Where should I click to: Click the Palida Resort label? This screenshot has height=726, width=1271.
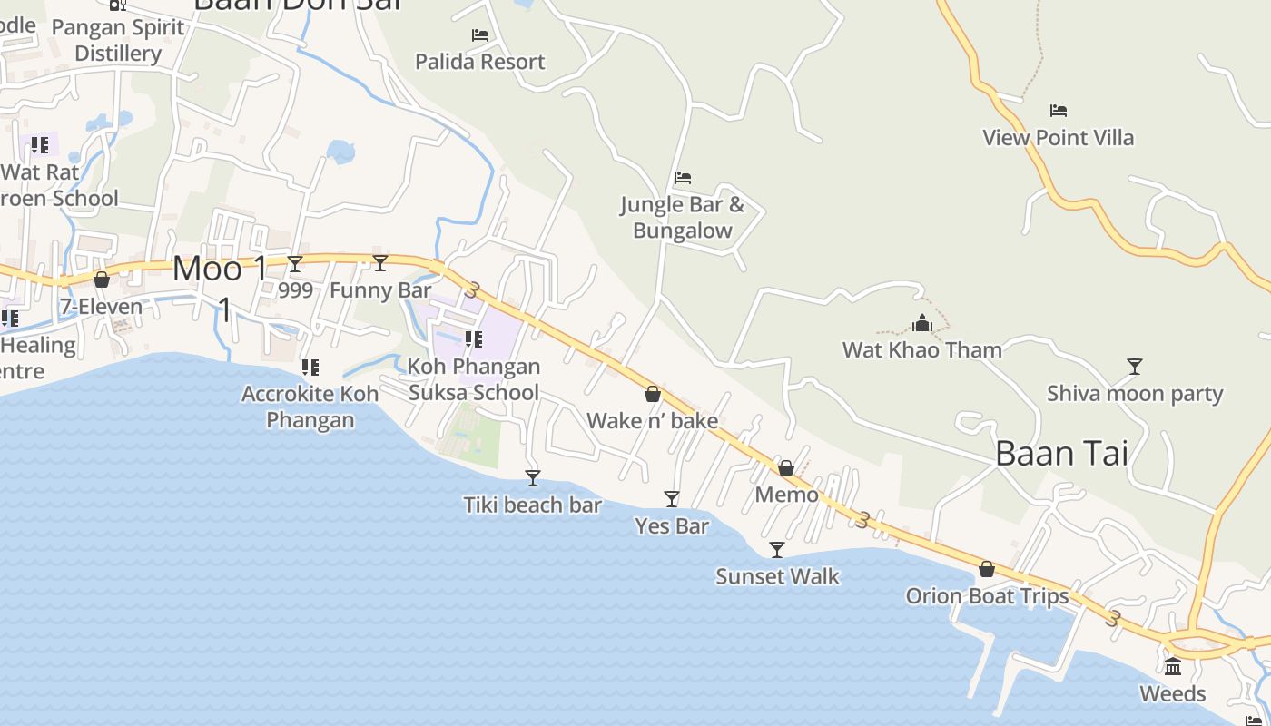click(479, 62)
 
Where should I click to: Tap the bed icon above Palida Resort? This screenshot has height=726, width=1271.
click(480, 35)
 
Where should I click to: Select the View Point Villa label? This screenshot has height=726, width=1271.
click(1058, 138)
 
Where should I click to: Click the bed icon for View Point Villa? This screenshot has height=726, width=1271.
click(1058, 111)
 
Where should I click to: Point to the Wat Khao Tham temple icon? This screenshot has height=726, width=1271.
click(922, 323)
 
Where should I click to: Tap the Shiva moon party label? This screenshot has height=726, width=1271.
click(1135, 394)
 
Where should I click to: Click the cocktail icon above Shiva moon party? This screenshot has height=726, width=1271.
click(1134, 367)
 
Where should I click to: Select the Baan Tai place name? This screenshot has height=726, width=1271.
click(1061, 453)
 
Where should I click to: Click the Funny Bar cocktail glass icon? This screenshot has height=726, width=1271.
click(380, 263)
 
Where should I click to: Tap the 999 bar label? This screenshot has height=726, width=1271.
click(296, 290)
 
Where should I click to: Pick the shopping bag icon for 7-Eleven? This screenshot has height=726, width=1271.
click(102, 280)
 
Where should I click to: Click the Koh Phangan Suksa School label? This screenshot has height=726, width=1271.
click(474, 379)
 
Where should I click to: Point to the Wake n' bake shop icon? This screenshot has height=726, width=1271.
click(652, 394)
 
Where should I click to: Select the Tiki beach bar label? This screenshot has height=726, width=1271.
click(532, 505)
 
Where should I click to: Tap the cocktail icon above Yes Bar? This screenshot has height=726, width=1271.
click(672, 498)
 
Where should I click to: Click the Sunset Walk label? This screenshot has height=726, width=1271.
click(777, 576)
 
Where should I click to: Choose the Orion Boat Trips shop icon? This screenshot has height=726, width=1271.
click(987, 569)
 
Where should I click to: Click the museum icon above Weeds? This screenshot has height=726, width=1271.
click(1173, 666)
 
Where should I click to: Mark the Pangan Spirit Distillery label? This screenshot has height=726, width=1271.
click(118, 41)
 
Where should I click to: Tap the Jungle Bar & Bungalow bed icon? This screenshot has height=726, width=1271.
click(683, 178)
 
